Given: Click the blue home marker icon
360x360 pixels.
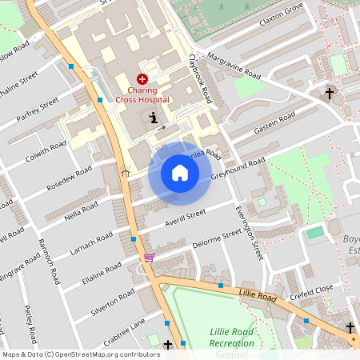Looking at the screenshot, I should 180,173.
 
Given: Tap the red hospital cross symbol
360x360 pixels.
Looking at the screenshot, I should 142,78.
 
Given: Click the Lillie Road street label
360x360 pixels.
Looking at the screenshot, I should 256,297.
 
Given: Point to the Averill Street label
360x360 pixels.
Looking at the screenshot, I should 186,216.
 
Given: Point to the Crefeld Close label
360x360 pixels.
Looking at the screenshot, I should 311,290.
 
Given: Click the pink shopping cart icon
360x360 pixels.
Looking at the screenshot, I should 148,258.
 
